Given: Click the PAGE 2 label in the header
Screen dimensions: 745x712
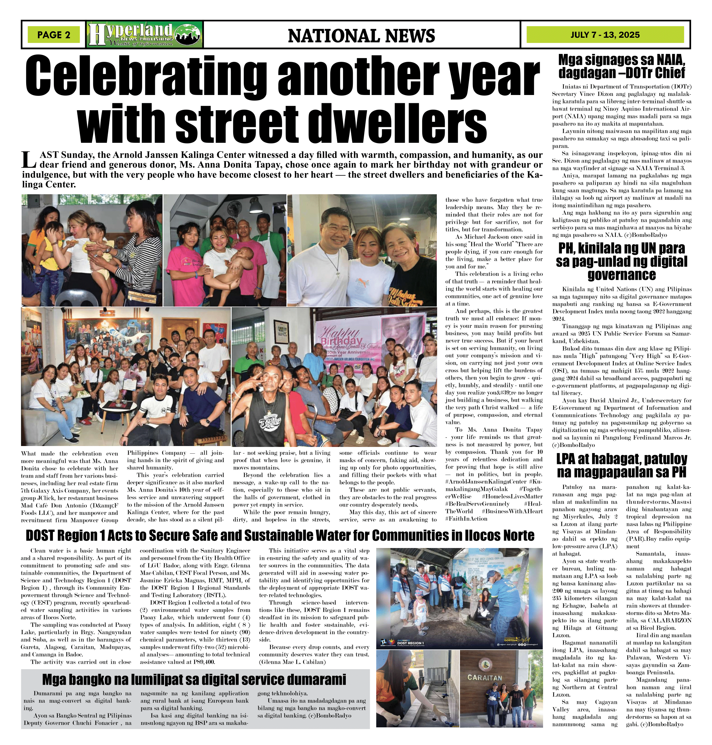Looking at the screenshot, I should (54, 35).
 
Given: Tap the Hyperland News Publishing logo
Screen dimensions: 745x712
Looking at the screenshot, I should (145, 34).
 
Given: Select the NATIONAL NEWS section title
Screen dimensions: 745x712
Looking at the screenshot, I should (361, 36).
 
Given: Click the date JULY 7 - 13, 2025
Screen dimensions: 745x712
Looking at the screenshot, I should (605, 35).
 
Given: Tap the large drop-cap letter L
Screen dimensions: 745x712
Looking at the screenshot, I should (29, 160).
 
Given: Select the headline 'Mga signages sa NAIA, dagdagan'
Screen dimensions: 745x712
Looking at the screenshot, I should (622, 66).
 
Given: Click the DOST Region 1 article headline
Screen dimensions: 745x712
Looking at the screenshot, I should (280, 536).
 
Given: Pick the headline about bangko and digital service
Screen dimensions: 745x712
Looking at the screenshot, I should (194, 679).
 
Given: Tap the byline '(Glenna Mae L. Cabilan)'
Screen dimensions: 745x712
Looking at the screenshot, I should (292, 662).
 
